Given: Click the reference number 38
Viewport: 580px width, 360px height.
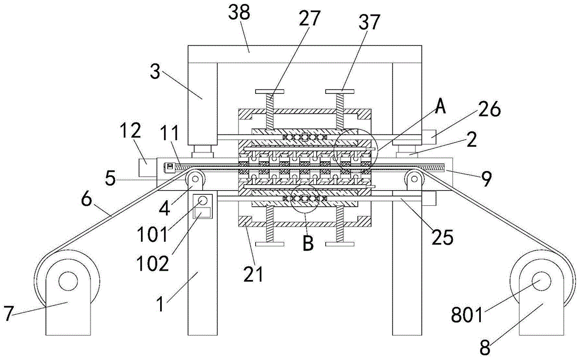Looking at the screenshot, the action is pyautogui.click(x=239, y=13).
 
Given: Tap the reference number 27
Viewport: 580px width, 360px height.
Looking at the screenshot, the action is pyautogui.click(x=309, y=18).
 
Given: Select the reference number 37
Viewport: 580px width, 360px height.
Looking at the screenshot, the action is pyautogui.click(x=369, y=22).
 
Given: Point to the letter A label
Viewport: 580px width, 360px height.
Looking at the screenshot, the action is pyautogui.click(x=440, y=107).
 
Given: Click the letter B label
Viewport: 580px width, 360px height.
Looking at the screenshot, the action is pyautogui.click(x=308, y=243).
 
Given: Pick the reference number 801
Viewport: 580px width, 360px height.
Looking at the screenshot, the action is pyautogui.click(x=467, y=315).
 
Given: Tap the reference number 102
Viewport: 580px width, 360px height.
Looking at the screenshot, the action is pyautogui.click(x=153, y=264).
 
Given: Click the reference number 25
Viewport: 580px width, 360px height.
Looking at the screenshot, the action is pyautogui.click(x=443, y=237).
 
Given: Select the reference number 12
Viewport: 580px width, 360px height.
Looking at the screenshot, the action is pyautogui.click(x=130, y=130).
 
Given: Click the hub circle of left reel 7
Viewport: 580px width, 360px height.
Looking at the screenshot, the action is pyautogui.click(x=68, y=281).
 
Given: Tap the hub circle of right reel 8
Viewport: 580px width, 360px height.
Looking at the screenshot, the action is pyautogui.click(x=541, y=281).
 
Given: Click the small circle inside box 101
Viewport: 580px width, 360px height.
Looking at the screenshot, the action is pyautogui.click(x=202, y=201).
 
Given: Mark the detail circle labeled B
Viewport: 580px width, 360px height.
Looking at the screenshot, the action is pyautogui.click(x=305, y=199).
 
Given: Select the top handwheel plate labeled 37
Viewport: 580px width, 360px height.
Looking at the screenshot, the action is pyautogui.click(x=340, y=91).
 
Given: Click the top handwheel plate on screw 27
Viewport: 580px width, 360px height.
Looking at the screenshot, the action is pyautogui.click(x=270, y=91).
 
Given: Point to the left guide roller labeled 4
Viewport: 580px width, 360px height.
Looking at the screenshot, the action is pyautogui.click(x=195, y=179).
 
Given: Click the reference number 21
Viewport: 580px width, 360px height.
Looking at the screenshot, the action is pyautogui.click(x=253, y=274).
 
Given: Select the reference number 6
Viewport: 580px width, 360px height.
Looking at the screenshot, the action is pyautogui.click(x=86, y=200).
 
